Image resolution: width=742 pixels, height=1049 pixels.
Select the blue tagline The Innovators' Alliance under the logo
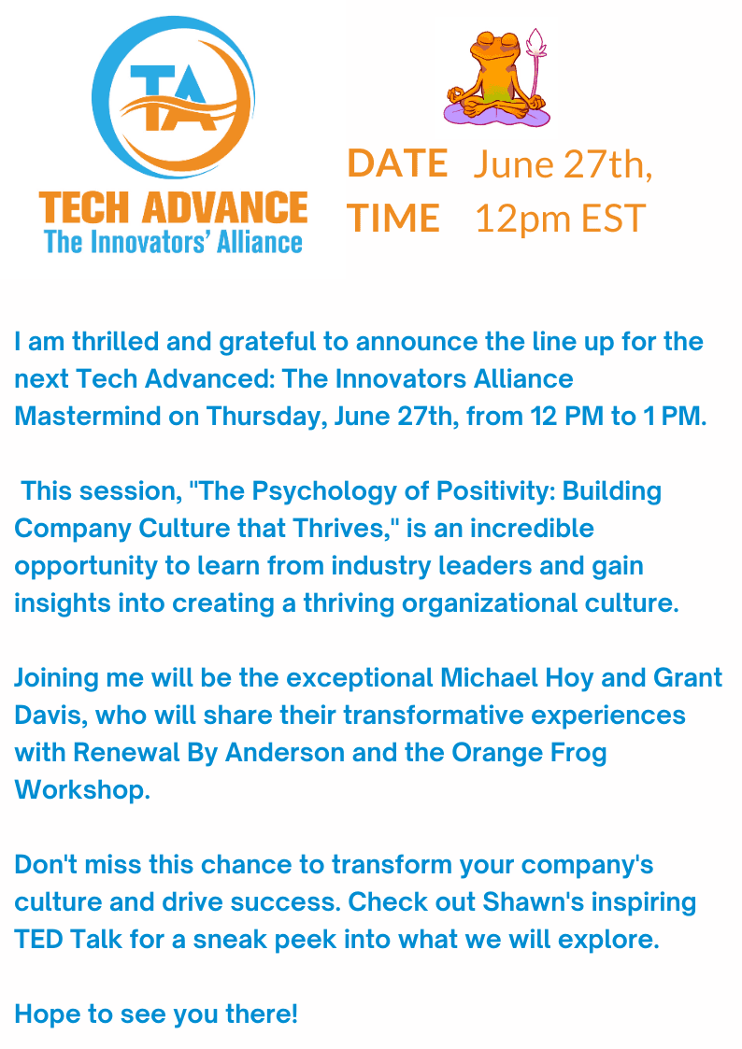coord(173,243)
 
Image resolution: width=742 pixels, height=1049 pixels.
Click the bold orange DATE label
coord(397,163)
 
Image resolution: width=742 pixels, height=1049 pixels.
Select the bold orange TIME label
coord(393,219)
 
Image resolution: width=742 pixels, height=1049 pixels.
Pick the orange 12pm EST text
coord(560,219)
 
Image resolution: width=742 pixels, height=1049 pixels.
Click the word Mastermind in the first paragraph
coord(89,417)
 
